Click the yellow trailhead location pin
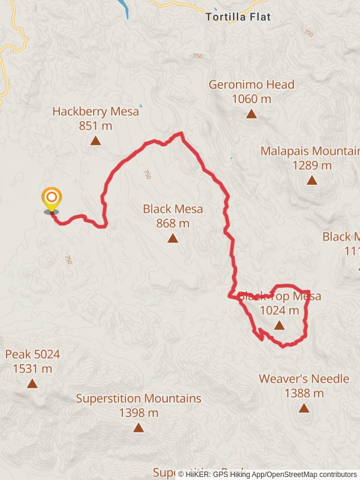coord(52,199)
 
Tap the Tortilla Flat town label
coord(238,17)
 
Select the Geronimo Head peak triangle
coord(251,113)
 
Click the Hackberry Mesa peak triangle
coord(95,141)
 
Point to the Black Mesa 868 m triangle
coord(173,238)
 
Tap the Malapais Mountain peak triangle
coord(311,180)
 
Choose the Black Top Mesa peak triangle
coord(279,325)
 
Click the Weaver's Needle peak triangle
coord(304,408)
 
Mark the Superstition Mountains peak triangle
coord(139,427)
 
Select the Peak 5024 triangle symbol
coord(32,383)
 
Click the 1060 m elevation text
coord(251,99)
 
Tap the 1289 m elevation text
coord(311,165)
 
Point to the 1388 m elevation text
coord(304,393)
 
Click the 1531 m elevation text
coord(32,368)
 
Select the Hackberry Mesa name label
coord(95,111)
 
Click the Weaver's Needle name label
coord(304,379)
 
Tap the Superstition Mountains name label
coord(139,398)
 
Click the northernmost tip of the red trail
coord(181,133)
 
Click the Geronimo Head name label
coord(251,85)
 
